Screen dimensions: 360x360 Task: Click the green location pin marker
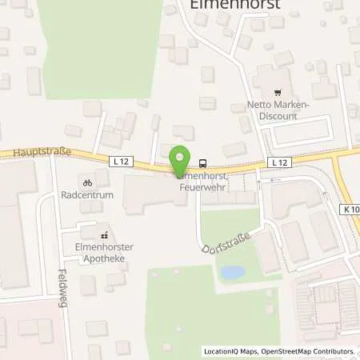coord(179,158)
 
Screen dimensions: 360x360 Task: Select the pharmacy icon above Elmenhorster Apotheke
coord(104,235)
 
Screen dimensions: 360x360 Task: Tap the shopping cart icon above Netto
coord(278,93)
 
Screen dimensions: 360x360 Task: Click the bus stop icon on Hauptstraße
coord(203,159)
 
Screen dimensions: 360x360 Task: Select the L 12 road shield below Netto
coord(278,162)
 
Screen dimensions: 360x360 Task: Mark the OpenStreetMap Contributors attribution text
coord(311,351)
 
